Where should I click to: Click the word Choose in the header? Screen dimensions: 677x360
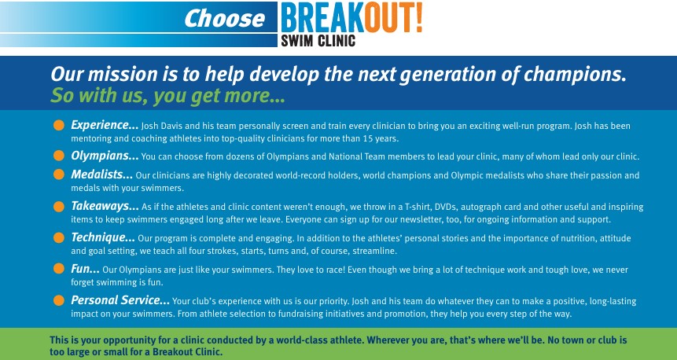click(x=225, y=19)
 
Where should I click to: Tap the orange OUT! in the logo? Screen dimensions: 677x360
click(x=393, y=18)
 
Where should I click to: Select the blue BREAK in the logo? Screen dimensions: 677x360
click(x=322, y=18)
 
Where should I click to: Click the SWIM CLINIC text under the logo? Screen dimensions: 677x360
click(x=318, y=41)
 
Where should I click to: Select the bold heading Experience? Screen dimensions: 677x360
click(x=105, y=125)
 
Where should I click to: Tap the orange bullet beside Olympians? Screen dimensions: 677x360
click(x=59, y=156)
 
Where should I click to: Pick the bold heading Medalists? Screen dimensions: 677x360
click(x=102, y=174)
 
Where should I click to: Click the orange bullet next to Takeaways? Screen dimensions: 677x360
click(x=59, y=206)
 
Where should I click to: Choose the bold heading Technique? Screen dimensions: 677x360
click(x=103, y=237)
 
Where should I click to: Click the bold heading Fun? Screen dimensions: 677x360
click(x=85, y=269)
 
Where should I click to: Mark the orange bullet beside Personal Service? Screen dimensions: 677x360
click(x=59, y=300)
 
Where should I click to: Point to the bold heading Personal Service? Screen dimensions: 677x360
click(x=120, y=300)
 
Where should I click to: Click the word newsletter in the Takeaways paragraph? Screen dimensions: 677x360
click(x=419, y=219)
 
